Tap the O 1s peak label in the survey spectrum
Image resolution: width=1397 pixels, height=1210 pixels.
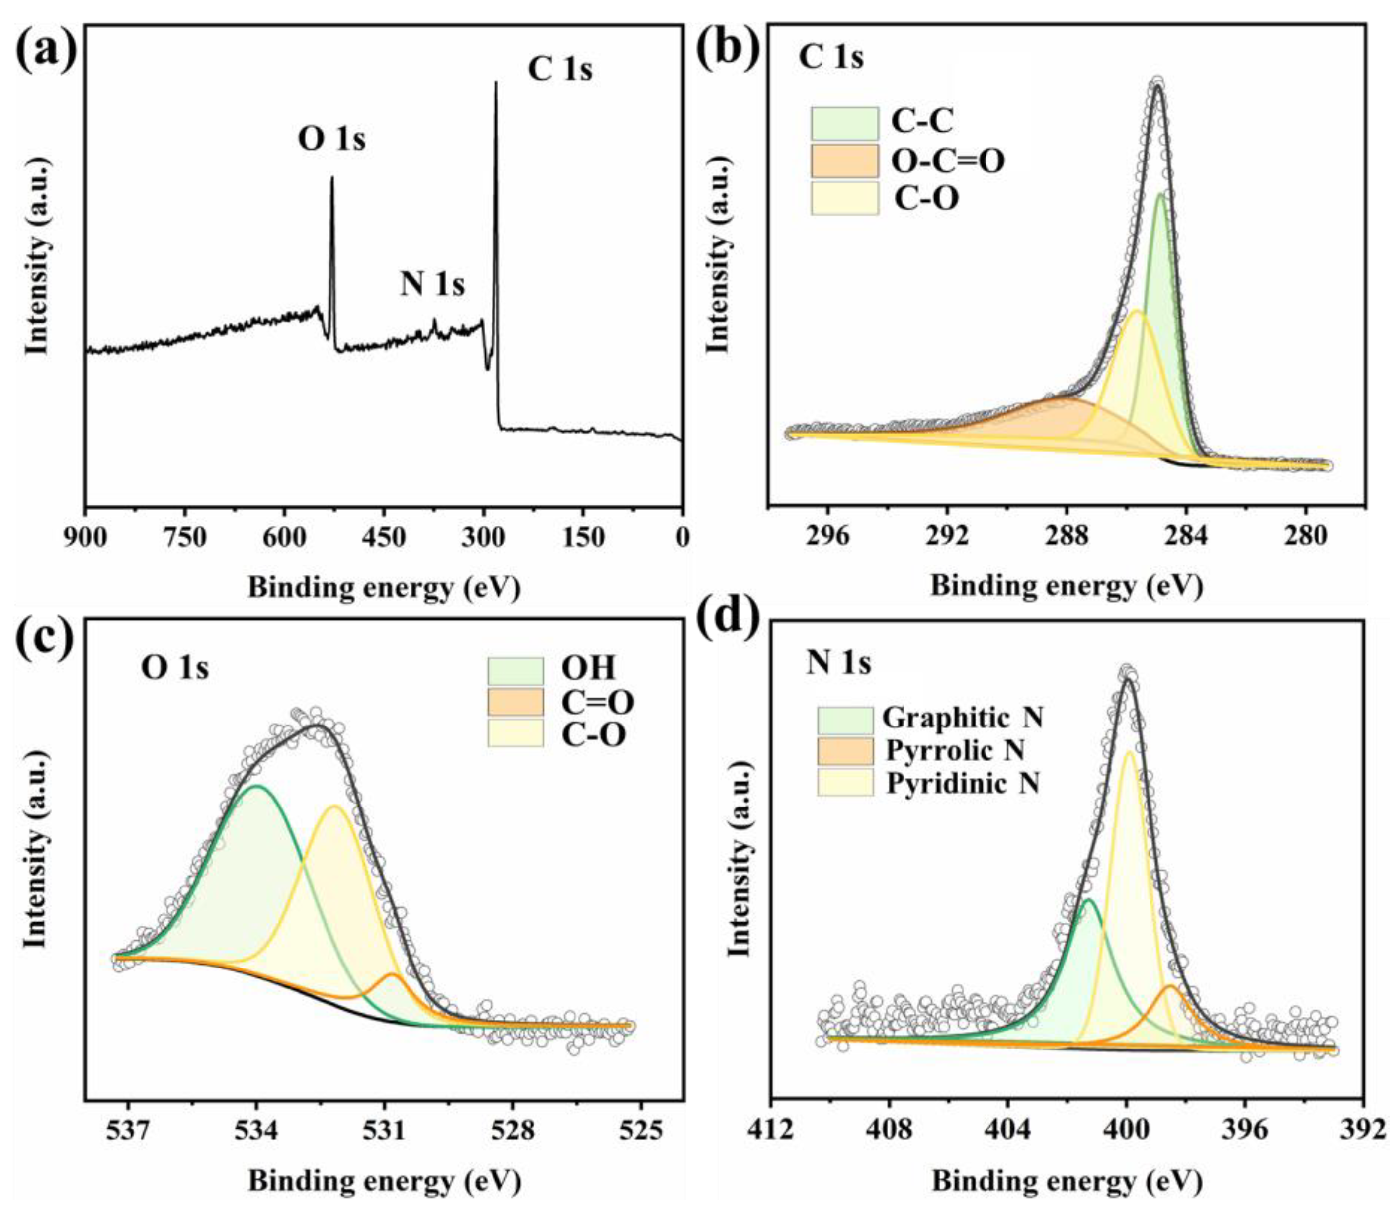point(331,140)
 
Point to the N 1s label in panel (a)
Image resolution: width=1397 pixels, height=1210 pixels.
point(432,284)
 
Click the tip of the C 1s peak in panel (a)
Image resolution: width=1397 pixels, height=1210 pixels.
point(496,83)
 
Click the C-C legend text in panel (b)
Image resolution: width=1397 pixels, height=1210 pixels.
point(922,123)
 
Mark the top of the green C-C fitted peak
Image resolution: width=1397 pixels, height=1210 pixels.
point(1160,194)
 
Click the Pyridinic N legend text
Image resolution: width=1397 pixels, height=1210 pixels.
point(963,783)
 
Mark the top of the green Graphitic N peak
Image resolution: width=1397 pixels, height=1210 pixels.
point(1087,900)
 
